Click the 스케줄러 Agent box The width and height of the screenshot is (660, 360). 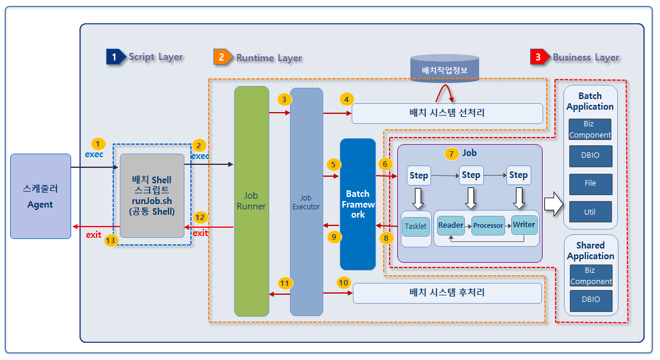point(40,196)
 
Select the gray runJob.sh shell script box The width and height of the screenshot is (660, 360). point(152,196)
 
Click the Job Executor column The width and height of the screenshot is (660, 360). point(306,202)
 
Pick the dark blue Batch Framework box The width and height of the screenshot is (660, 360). point(358,204)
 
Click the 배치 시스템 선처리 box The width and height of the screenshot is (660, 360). point(447,113)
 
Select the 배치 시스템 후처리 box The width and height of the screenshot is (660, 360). point(447,293)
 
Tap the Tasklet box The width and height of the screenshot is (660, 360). point(416,227)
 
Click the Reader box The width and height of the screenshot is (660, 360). point(451,225)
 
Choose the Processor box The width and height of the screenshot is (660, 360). point(488,226)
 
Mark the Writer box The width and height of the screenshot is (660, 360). point(524,225)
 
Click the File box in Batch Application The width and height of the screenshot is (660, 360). point(590,184)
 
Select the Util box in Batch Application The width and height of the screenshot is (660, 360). point(590,212)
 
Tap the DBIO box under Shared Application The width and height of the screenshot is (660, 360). point(590,300)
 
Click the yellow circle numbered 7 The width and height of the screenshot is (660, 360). point(452,154)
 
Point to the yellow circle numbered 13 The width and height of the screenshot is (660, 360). point(110,241)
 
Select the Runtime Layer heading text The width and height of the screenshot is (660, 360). point(269,58)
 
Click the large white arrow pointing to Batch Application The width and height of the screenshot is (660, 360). point(553,203)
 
